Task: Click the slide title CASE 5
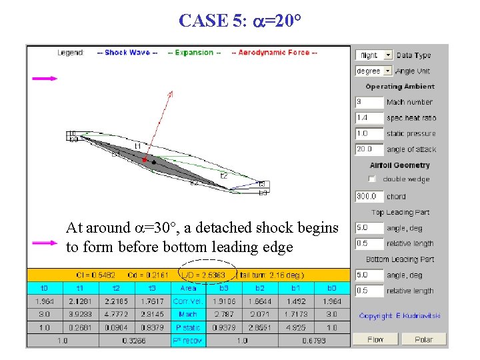240,20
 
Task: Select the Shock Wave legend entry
127,53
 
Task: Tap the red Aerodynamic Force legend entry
274,53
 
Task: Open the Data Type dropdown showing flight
374,55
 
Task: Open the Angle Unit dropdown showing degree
374,71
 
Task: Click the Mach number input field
369,102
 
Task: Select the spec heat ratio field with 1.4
369,118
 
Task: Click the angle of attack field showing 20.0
369,149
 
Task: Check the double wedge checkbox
372,179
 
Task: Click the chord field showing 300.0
369,197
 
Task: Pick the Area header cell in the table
188,288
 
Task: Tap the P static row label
188,327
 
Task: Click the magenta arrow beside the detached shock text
45,243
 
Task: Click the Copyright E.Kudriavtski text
399,315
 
